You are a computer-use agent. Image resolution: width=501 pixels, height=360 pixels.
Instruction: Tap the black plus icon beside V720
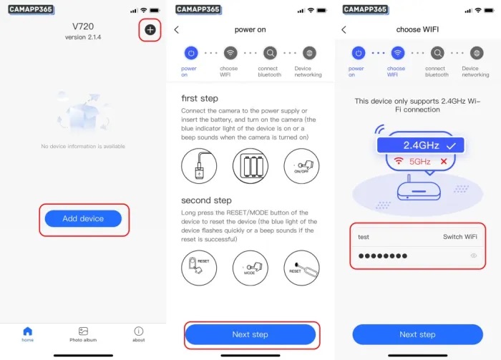tap(150, 30)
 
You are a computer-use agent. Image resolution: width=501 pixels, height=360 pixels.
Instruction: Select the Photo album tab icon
tap(83, 331)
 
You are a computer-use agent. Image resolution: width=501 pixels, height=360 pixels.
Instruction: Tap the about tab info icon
tap(139, 331)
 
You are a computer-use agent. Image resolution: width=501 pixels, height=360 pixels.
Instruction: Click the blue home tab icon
tap(28, 331)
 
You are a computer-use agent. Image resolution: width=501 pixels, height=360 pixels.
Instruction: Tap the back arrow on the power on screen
tap(177, 30)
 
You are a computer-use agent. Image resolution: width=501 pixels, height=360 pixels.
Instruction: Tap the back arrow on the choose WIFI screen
tap(344, 30)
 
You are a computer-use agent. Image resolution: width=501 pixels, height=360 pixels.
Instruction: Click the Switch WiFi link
tap(459, 237)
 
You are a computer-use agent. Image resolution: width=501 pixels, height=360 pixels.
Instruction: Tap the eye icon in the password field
tap(474, 256)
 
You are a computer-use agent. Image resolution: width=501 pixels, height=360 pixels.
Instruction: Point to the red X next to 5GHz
tap(444, 161)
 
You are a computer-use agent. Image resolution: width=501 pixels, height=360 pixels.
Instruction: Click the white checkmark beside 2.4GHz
tap(451, 146)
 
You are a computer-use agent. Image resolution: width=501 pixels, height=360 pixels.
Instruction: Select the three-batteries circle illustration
tap(250, 166)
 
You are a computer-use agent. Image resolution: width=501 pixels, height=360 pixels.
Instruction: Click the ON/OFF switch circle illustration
tap(301, 166)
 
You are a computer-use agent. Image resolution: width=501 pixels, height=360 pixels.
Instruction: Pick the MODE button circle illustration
tap(250, 268)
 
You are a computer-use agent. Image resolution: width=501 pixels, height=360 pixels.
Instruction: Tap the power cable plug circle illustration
tap(199, 166)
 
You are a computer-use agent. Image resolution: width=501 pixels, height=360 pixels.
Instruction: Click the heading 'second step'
tap(206, 200)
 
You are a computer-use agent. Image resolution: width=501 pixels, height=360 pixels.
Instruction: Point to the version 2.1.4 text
tap(83, 37)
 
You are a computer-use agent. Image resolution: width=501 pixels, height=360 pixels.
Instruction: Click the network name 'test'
tap(364, 237)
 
